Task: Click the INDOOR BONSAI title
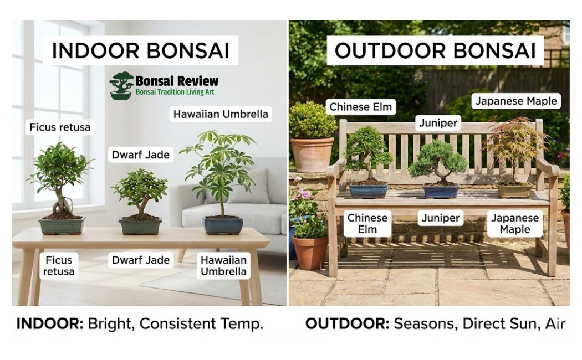coord(140,51)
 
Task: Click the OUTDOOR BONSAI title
coord(435,51)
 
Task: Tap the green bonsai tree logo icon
coord(121,86)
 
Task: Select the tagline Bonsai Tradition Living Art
coord(175,92)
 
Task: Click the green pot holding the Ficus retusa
coord(62,225)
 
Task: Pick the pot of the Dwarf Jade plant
coord(140,227)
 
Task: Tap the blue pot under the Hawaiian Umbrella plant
coord(223,225)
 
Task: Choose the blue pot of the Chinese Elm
coord(368,191)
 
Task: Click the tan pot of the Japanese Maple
coord(514,191)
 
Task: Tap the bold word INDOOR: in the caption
coord(50,323)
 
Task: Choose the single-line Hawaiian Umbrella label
coord(221,114)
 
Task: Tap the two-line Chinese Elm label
coord(367,224)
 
